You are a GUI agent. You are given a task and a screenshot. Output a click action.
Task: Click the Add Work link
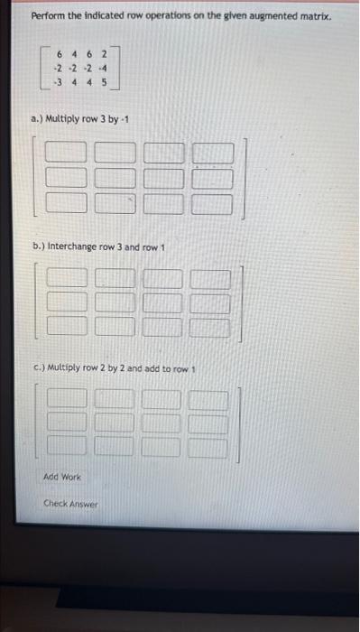[x=62, y=476]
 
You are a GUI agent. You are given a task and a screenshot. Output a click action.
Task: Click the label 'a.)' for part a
[x=36, y=119]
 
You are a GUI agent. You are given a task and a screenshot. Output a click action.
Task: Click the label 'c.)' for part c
[x=37, y=370]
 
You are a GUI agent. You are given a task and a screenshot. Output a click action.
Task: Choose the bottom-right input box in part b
[x=208, y=322]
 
